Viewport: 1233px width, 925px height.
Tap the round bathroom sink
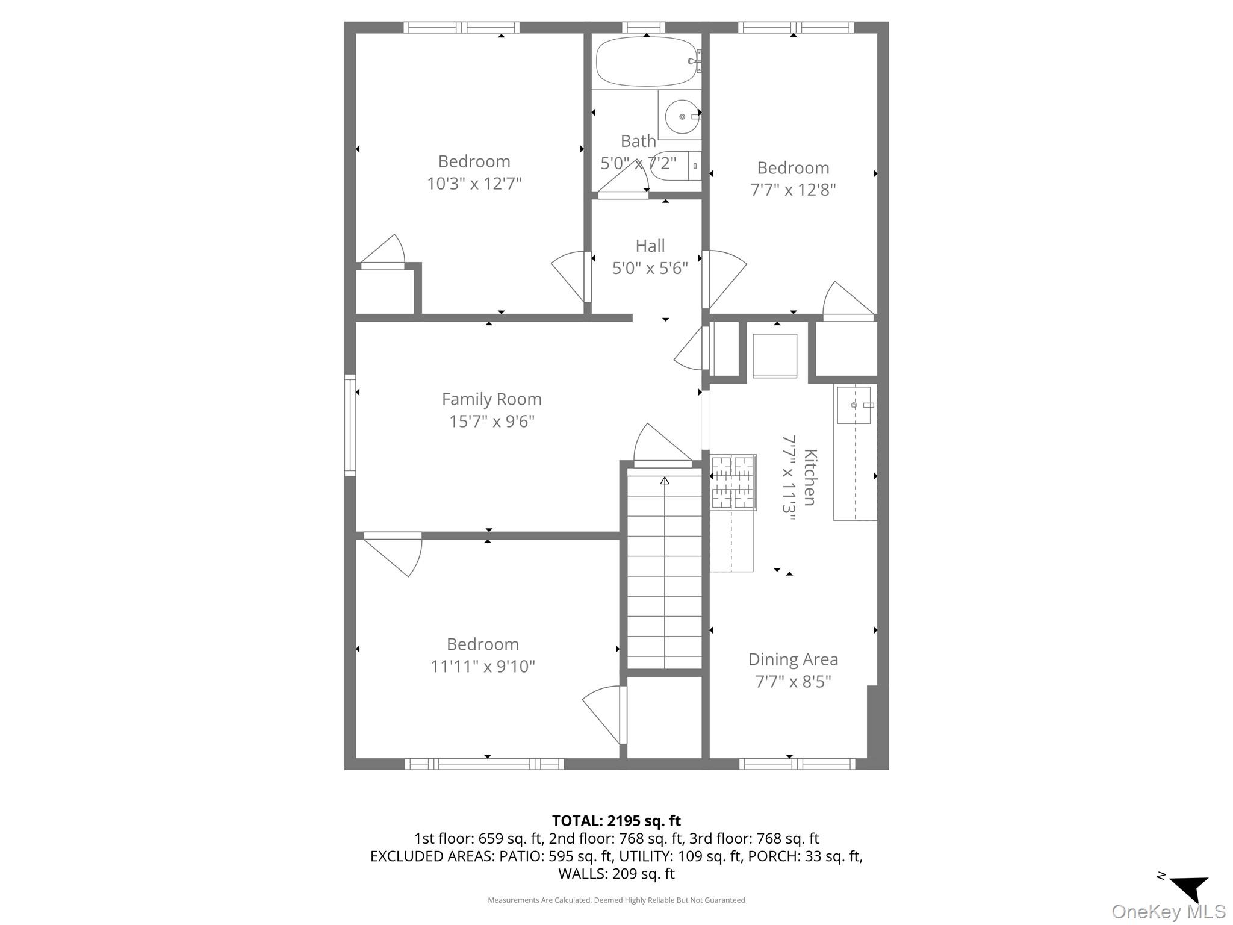pyautogui.click(x=682, y=116)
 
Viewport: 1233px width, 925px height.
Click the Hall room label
pyautogui.click(x=650, y=246)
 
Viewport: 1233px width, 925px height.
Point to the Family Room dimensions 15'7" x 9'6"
pyautogui.click(x=492, y=421)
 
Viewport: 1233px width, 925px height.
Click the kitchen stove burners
pyautogui.click(x=733, y=482)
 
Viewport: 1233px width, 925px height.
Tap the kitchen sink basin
pyautogui.click(x=853, y=405)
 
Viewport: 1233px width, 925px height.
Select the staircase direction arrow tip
pyautogui.click(x=665, y=480)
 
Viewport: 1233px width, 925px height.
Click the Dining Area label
pyautogui.click(x=793, y=659)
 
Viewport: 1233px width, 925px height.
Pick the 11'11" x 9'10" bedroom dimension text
pyautogui.click(x=483, y=667)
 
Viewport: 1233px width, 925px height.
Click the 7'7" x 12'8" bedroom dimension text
pyautogui.click(x=793, y=190)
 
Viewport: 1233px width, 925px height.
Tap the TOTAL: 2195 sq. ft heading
pyautogui.click(x=616, y=821)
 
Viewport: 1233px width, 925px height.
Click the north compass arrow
pyautogui.click(x=1191, y=889)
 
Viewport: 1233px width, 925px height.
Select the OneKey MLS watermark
pyautogui.click(x=1168, y=912)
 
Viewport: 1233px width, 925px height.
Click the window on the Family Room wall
pyautogui.click(x=350, y=425)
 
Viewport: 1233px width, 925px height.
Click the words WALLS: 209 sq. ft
pyautogui.click(x=616, y=873)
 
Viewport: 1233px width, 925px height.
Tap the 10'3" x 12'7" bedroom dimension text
pyautogui.click(x=474, y=184)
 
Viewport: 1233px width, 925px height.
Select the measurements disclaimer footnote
pyautogui.click(x=616, y=900)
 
